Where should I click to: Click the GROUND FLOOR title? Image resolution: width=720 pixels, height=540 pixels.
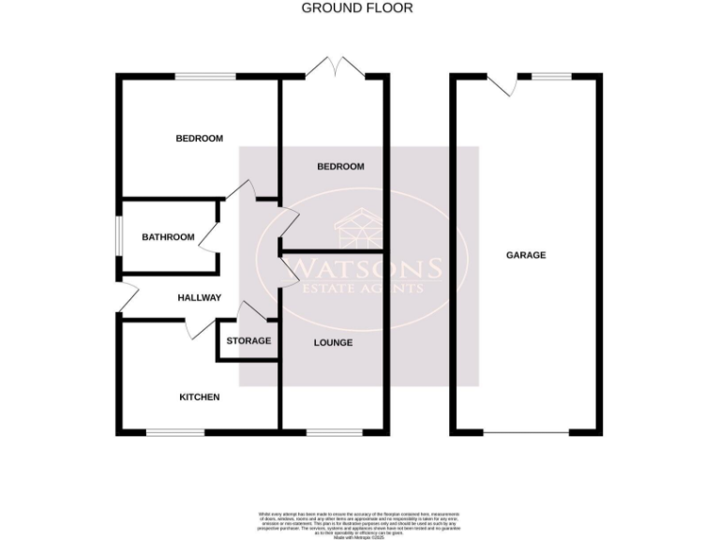pyautogui.click(x=356, y=8)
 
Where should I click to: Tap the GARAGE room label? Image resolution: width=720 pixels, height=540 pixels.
pyautogui.click(x=526, y=255)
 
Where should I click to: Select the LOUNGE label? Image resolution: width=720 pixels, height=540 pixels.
pyautogui.click(x=333, y=343)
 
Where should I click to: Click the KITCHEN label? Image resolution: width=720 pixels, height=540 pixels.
pyautogui.click(x=200, y=397)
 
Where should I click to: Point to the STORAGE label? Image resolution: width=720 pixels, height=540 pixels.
pyautogui.click(x=248, y=340)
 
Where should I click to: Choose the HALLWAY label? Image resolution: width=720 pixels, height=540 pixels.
pyautogui.click(x=199, y=298)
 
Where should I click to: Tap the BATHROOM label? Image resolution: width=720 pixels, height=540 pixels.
pyautogui.click(x=169, y=237)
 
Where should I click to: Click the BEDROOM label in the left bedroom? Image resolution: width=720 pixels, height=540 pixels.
pyautogui.click(x=200, y=139)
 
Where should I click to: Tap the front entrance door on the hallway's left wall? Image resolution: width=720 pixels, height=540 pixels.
pyautogui.click(x=127, y=298)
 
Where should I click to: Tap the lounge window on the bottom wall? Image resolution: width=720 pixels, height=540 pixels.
pyautogui.click(x=328, y=432)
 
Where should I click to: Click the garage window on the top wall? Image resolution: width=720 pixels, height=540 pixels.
pyautogui.click(x=552, y=76)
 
